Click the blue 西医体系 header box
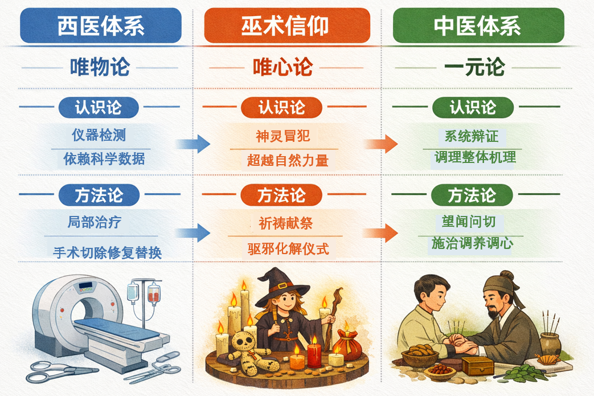(x=101, y=26)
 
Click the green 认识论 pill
(x=473, y=107)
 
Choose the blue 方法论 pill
(x=99, y=195)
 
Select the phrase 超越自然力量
(x=288, y=160)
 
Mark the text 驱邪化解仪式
(x=288, y=249)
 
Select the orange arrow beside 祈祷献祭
(x=380, y=232)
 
